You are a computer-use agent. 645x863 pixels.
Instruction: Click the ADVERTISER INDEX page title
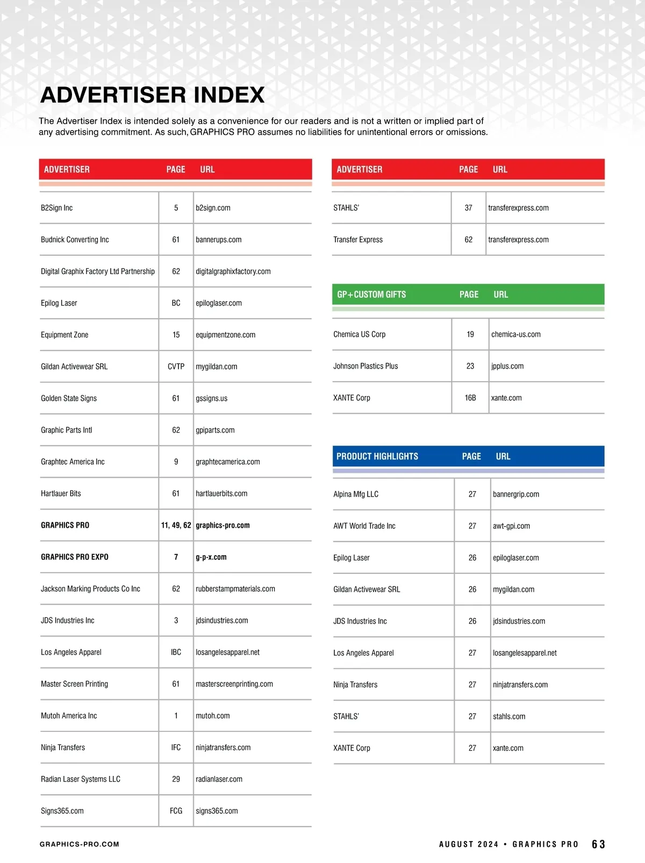click(152, 95)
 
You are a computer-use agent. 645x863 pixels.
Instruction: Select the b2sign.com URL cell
click(213, 208)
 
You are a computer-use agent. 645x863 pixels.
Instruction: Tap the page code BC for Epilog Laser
click(176, 303)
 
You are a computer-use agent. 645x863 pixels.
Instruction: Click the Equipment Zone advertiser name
click(64, 335)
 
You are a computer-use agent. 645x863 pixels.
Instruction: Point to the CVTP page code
click(176, 366)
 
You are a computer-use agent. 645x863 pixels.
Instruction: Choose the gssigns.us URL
click(211, 398)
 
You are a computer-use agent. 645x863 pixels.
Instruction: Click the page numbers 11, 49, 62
click(176, 525)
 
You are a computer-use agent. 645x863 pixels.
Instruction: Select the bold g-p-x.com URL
click(211, 557)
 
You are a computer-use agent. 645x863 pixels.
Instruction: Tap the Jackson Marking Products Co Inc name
click(90, 588)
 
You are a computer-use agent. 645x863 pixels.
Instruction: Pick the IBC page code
click(176, 652)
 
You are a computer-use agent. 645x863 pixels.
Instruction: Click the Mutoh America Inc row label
click(69, 715)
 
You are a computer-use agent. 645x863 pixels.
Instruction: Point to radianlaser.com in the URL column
click(219, 779)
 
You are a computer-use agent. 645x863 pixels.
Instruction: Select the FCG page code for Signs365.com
click(176, 810)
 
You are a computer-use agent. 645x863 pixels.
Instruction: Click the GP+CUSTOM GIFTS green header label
click(371, 294)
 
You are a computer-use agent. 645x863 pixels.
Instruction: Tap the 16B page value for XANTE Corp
click(470, 398)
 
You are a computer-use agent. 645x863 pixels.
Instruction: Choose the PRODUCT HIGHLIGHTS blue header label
click(377, 456)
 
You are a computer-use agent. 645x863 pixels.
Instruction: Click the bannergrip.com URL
click(515, 494)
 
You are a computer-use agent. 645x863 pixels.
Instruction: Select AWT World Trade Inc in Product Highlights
click(364, 526)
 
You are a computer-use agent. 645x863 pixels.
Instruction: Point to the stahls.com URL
click(509, 716)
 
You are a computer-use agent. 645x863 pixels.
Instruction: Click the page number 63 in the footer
click(598, 844)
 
